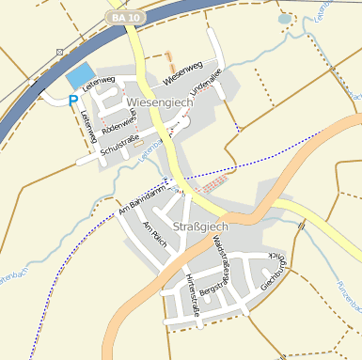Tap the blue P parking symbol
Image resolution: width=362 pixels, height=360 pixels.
point(73,100)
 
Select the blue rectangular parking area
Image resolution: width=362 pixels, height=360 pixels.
point(81,75)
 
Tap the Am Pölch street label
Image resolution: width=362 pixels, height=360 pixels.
point(155,234)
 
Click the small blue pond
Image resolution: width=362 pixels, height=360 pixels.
point(285,18)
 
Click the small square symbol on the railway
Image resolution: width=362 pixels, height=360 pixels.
point(60,52)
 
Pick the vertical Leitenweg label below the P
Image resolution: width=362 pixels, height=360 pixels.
point(88,127)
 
